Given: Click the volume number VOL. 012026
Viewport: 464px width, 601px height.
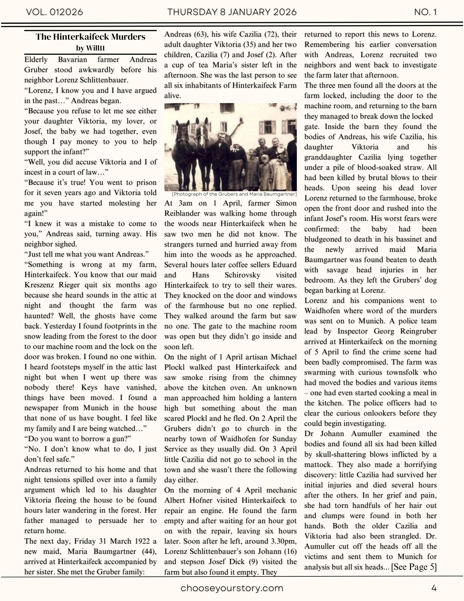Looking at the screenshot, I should click(x=54, y=12).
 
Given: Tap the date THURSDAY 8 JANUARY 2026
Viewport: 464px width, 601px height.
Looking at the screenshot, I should click(x=232, y=12).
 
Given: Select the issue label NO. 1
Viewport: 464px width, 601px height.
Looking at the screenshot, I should click(x=425, y=12).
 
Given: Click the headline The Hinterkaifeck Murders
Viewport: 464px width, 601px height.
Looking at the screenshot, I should click(x=90, y=37).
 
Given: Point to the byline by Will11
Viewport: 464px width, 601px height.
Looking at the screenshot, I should click(x=90, y=48).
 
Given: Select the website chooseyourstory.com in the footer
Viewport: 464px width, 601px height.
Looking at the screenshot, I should click(x=232, y=588).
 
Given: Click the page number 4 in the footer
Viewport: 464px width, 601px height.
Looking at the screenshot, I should click(x=434, y=588).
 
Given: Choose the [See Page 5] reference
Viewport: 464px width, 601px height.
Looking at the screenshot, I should click(x=414, y=567).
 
